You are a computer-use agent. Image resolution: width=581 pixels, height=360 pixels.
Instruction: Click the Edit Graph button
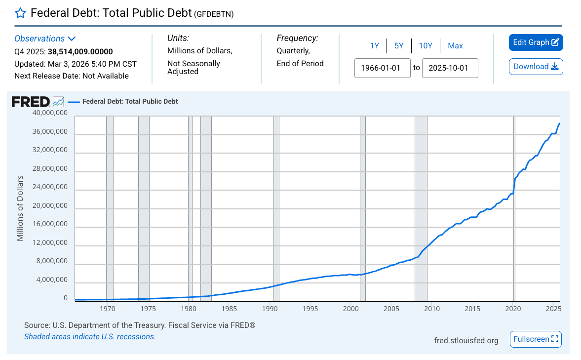pos(536,42)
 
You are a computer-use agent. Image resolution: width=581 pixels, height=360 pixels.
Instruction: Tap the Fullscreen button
pos(536,339)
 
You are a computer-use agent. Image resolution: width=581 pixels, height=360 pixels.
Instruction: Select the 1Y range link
pos(375,46)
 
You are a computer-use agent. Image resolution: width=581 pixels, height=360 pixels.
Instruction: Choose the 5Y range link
pos(399,46)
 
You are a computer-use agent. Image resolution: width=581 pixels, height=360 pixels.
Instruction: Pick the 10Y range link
pos(426,46)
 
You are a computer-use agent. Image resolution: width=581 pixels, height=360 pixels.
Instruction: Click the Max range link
pos(455,46)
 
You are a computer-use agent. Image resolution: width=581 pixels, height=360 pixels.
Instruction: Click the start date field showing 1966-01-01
pos(383,68)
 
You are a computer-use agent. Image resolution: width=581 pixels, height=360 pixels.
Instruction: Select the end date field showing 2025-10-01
pos(450,68)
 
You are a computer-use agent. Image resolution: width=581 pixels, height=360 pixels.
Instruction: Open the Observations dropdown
pos(45,39)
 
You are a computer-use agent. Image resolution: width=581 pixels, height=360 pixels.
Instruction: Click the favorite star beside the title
pos(20,13)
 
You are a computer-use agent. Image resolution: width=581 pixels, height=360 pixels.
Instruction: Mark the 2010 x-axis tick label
pos(432,309)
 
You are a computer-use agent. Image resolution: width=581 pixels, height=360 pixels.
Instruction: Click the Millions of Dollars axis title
pos(20,208)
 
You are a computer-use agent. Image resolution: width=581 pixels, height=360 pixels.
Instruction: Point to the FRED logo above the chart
pos(31,102)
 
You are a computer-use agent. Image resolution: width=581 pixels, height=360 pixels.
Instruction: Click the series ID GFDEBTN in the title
pos(214,14)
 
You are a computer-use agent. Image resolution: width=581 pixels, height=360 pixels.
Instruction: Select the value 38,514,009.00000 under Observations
pos(80,51)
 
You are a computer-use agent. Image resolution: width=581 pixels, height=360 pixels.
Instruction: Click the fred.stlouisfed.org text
pos(466,340)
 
